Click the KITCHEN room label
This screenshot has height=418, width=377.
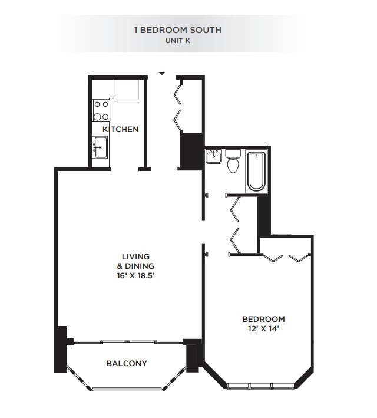pyautogui.click(x=121, y=129)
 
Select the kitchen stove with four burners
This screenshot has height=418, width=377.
pyautogui.click(x=101, y=110)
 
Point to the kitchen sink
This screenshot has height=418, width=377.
pyautogui.click(x=100, y=146)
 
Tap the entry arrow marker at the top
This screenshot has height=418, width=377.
pyautogui.click(x=162, y=74)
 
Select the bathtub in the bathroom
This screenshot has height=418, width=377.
pyautogui.click(x=256, y=171)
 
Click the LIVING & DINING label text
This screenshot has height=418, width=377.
pyautogui.click(x=135, y=261)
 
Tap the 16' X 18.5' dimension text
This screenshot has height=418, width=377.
pyautogui.click(x=135, y=275)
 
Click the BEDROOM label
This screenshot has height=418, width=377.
pyautogui.click(x=263, y=319)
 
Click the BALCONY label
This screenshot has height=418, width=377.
pyautogui.click(x=127, y=363)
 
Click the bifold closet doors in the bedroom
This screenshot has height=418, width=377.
pyautogui.click(x=286, y=257)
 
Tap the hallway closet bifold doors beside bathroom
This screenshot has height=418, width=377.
pyautogui.click(x=235, y=224)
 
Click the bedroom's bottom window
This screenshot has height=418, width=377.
pyautogui.click(x=262, y=386)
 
